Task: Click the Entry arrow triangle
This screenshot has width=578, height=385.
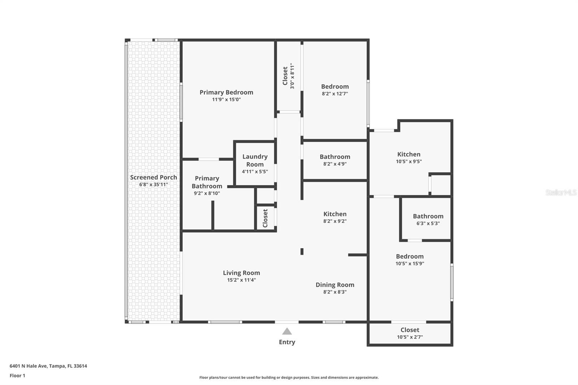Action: (x=287, y=332)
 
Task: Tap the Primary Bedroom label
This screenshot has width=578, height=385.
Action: (x=226, y=92)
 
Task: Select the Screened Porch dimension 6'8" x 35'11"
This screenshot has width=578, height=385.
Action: (x=154, y=185)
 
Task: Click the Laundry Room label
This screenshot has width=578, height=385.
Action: (x=255, y=160)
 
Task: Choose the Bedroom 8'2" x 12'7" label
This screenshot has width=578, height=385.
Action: (x=335, y=87)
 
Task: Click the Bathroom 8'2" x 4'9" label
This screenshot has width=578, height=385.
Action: (x=335, y=157)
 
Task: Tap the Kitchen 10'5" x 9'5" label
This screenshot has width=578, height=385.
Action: (x=409, y=155)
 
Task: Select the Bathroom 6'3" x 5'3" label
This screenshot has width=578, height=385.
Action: (x=428, y=216)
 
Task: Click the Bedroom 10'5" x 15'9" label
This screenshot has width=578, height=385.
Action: (x=410, y=256)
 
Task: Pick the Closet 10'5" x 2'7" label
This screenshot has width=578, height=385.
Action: (x=410, y=330)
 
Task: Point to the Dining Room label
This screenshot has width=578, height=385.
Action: (x=335, y=285)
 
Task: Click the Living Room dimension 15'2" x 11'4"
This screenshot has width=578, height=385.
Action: (x=241, y=280)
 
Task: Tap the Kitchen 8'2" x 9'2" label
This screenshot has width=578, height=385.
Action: (x=335, y=214)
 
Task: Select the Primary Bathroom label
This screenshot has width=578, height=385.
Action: (x=207, y=182)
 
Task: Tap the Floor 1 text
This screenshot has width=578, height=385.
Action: (x=17, y=376)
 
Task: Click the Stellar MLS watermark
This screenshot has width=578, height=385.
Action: (x=561, y=193)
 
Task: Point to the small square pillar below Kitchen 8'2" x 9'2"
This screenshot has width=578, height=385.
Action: (x=302, y=251)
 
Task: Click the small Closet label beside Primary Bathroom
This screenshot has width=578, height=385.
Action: (x=266, y=218)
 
